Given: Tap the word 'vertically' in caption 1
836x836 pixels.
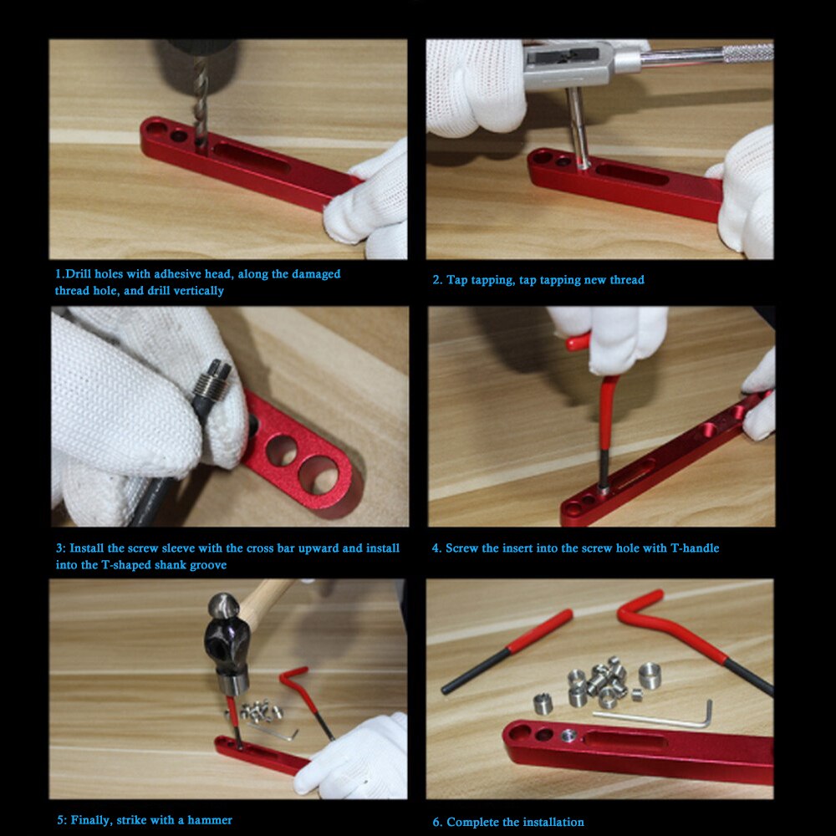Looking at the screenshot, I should tap(196, 291).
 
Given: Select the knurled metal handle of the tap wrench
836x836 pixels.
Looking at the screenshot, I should tap(747, 53).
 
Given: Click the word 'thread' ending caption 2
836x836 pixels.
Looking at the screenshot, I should tap(627, 280).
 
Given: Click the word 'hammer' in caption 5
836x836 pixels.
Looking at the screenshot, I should tap(213, 820).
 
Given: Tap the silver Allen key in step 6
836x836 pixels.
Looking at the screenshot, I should tap(660, 719).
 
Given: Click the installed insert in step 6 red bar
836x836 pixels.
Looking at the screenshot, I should tap(568, 736).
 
